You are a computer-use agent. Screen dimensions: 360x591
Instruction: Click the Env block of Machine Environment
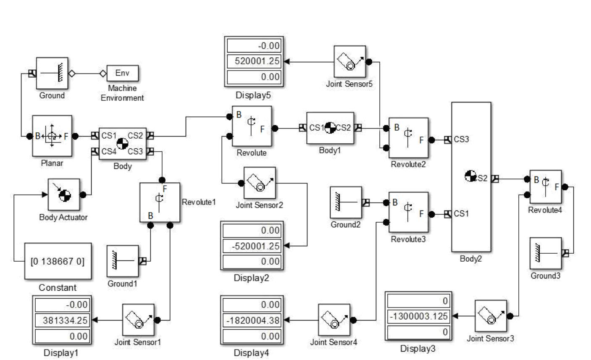tap(122, 73)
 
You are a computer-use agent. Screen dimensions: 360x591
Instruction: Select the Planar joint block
tap(52, 136)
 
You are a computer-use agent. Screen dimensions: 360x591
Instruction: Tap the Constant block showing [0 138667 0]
tap(58, 261)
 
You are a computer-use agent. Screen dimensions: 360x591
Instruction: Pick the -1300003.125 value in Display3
tap(418, 316)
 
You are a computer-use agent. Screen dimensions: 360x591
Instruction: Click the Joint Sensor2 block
tap(260, 183)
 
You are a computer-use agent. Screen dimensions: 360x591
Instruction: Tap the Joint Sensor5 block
tap(349, 62)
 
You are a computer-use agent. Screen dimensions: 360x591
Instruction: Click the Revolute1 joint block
tap(160, 202)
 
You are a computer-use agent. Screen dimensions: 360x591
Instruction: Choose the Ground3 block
tap(546, 253)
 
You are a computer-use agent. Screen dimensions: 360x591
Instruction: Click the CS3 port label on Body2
tap(461, 139)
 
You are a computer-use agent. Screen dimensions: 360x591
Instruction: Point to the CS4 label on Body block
tap(109, 151)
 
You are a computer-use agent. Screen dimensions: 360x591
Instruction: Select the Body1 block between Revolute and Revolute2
tap(330, 128)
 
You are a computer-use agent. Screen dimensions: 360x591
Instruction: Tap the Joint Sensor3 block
tap(491, 315)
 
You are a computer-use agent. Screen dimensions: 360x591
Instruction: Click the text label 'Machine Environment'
tap(122, 93)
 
